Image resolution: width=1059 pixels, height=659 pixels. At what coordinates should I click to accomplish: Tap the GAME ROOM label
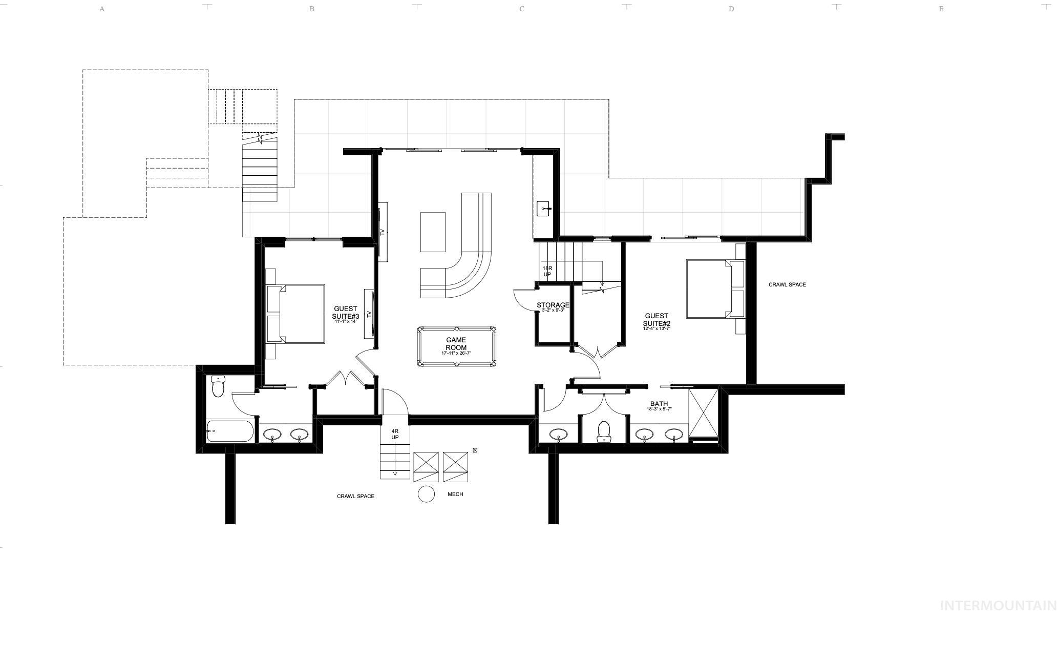[x=456, y=344]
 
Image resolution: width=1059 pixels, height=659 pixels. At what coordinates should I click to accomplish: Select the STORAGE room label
[x=553, y=305]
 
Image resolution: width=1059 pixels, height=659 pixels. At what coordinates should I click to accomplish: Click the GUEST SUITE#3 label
[x=346, y=313]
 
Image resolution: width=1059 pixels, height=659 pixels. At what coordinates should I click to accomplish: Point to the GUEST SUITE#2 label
[x=656, y=320]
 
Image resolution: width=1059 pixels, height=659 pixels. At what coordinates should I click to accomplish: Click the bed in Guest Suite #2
[x=709, y=289]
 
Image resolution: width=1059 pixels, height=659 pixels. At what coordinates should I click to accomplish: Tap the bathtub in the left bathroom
[x=230, y=431]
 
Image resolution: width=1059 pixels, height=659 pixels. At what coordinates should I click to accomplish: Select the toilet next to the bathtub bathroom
[x=218, y=386]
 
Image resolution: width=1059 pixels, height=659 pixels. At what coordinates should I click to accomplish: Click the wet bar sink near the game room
[x=544, y=209]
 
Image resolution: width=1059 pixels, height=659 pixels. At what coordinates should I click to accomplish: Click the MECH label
[x=455, y=494]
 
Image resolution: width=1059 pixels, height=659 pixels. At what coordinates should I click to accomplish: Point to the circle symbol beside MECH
[x=426, y=494]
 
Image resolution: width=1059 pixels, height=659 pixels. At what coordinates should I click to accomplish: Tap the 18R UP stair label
[x=547, y=271]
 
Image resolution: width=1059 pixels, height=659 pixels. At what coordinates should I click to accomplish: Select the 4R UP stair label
[x=395, y=434]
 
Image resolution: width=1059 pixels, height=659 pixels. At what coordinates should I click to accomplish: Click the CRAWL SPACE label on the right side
[x=787, y=284]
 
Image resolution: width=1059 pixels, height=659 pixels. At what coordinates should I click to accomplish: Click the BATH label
[x=659, y=404]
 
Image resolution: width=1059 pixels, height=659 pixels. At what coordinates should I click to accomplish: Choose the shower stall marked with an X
[x=704, y=413]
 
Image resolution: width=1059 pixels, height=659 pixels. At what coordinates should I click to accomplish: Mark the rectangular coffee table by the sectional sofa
[x=433, y=232]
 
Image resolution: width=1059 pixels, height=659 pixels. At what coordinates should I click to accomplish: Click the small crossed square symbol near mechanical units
[x=475, y=450]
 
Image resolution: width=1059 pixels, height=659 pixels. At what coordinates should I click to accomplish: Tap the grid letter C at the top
[x=521, y=9]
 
